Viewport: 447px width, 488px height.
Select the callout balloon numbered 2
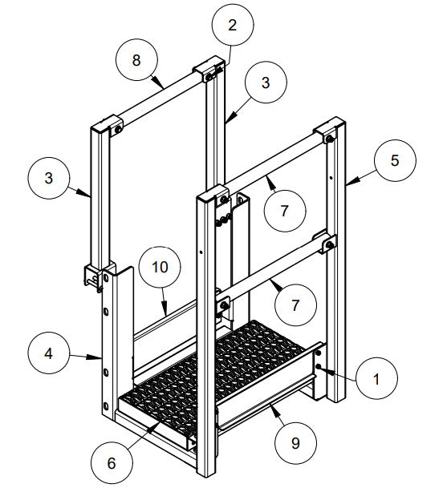click(232, 25)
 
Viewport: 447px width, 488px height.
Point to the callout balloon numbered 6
click(111, 463)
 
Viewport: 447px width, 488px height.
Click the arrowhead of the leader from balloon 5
click(347, 183)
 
